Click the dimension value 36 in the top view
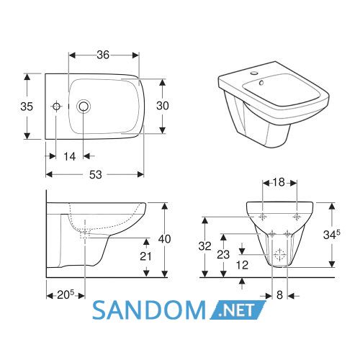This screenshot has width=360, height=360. [103, 55]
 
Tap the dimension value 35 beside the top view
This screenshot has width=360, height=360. [27, 107]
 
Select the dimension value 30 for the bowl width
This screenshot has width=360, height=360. [163, 106]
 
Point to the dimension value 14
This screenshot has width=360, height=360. [70, 156]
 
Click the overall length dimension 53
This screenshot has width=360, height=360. [96, 175]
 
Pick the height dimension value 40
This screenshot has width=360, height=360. [165, 239]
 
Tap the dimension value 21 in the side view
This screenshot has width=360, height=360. [145, 256]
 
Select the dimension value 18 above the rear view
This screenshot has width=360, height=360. [279, 182]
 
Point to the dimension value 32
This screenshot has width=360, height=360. [204, 246]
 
